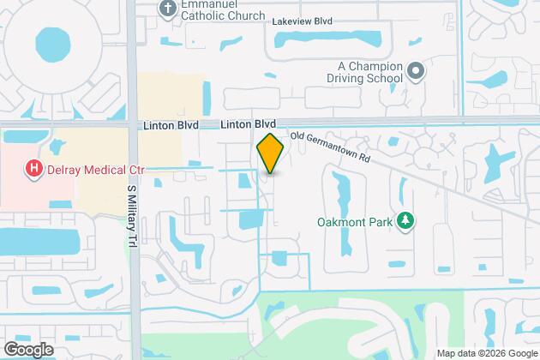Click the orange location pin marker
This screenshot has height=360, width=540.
269,154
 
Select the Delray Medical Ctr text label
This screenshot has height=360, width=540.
94,170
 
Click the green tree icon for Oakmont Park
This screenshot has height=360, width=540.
408,221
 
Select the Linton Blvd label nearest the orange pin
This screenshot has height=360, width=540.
246,125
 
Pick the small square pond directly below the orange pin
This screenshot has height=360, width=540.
280,258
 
